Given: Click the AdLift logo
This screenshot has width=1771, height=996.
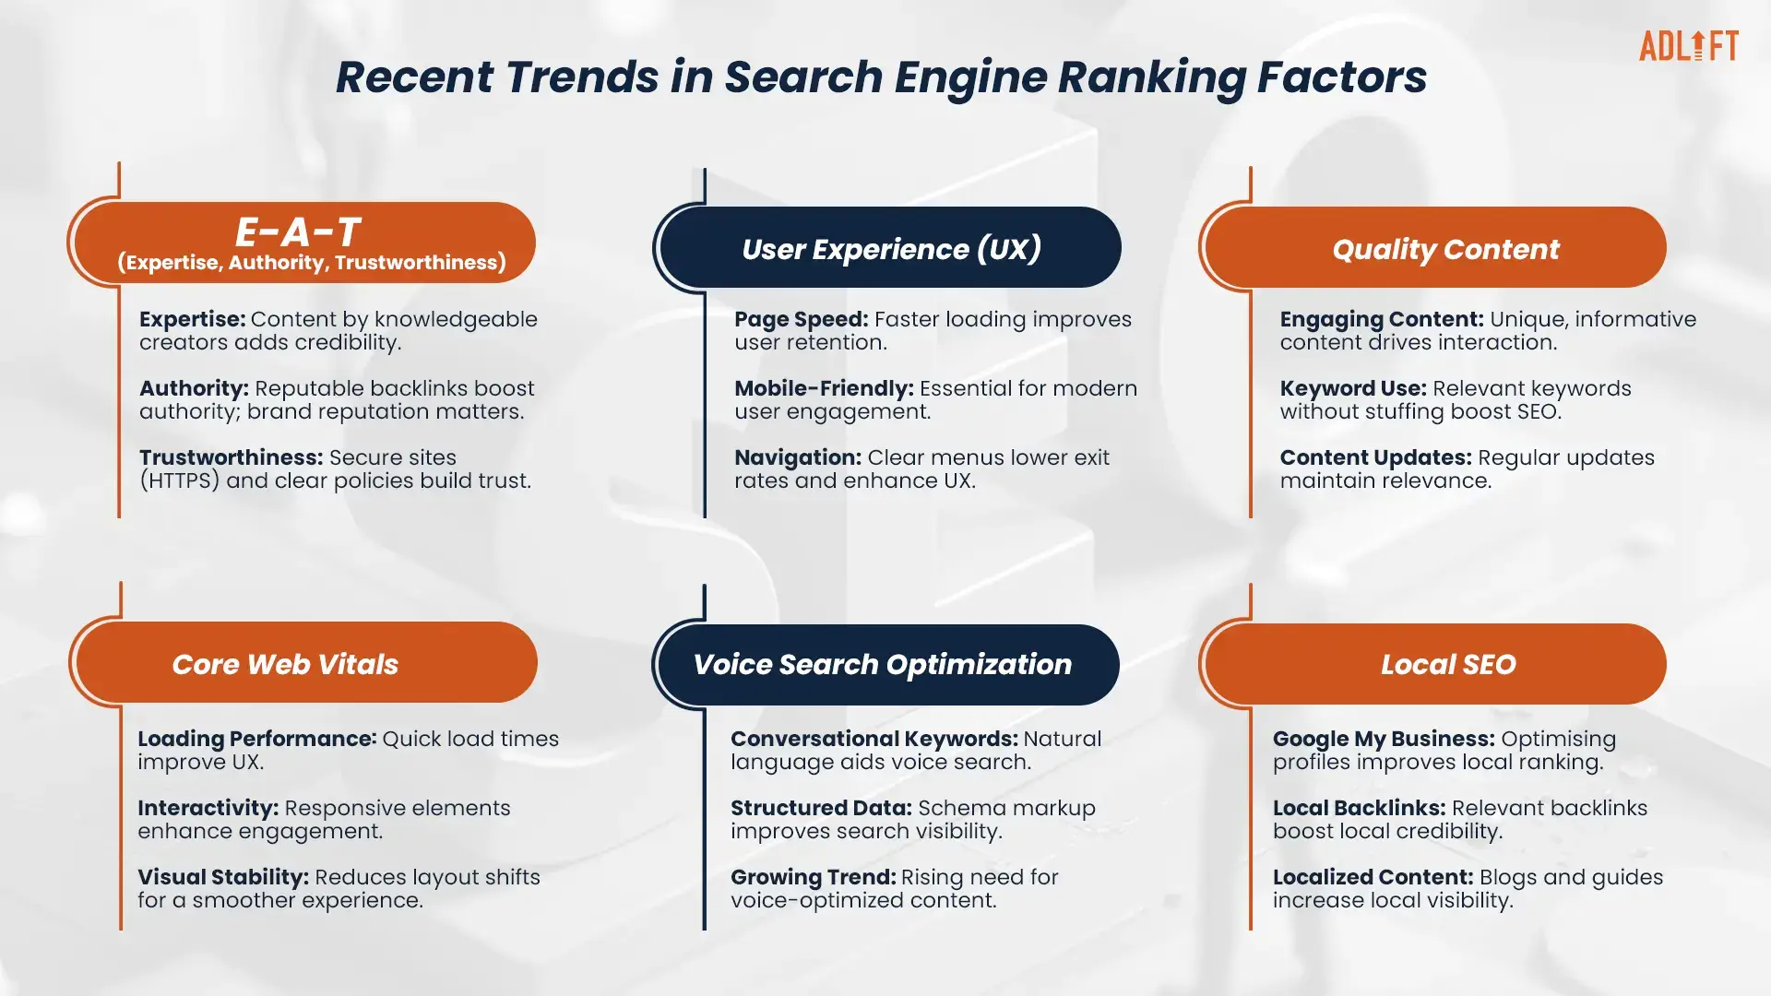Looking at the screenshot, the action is pos(1688,46).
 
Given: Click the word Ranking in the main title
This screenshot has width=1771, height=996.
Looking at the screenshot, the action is pos(1152,77).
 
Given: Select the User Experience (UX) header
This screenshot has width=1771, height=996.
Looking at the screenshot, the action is pos(891,247).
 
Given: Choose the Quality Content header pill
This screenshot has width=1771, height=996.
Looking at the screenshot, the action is pos(1436,247).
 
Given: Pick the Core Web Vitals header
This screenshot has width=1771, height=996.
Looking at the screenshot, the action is pos(306,662).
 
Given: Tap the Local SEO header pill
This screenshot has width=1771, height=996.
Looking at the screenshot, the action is pos(1436,664).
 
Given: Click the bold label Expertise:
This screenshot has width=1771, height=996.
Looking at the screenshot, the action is pos(192,320).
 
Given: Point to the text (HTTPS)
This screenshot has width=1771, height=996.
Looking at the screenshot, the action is pos(180,481).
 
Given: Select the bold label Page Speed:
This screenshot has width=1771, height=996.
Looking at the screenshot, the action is pos(801,320).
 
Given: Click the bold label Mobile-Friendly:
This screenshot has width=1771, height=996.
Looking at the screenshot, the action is pos(824,389).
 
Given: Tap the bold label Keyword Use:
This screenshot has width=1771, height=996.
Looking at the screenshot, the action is pos(1353,389).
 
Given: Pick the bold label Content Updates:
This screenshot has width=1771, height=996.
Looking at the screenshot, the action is pos(1375,458).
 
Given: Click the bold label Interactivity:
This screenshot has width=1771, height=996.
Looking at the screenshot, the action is pos(208,809).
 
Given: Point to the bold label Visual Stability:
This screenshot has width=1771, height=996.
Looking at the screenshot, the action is pos(223,877).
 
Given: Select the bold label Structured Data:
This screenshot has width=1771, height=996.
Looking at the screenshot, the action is pos(821,809).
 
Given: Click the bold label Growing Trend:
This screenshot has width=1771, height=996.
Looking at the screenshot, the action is pos(813,877).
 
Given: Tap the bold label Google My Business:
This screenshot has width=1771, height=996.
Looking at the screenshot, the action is pos(1384,740).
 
